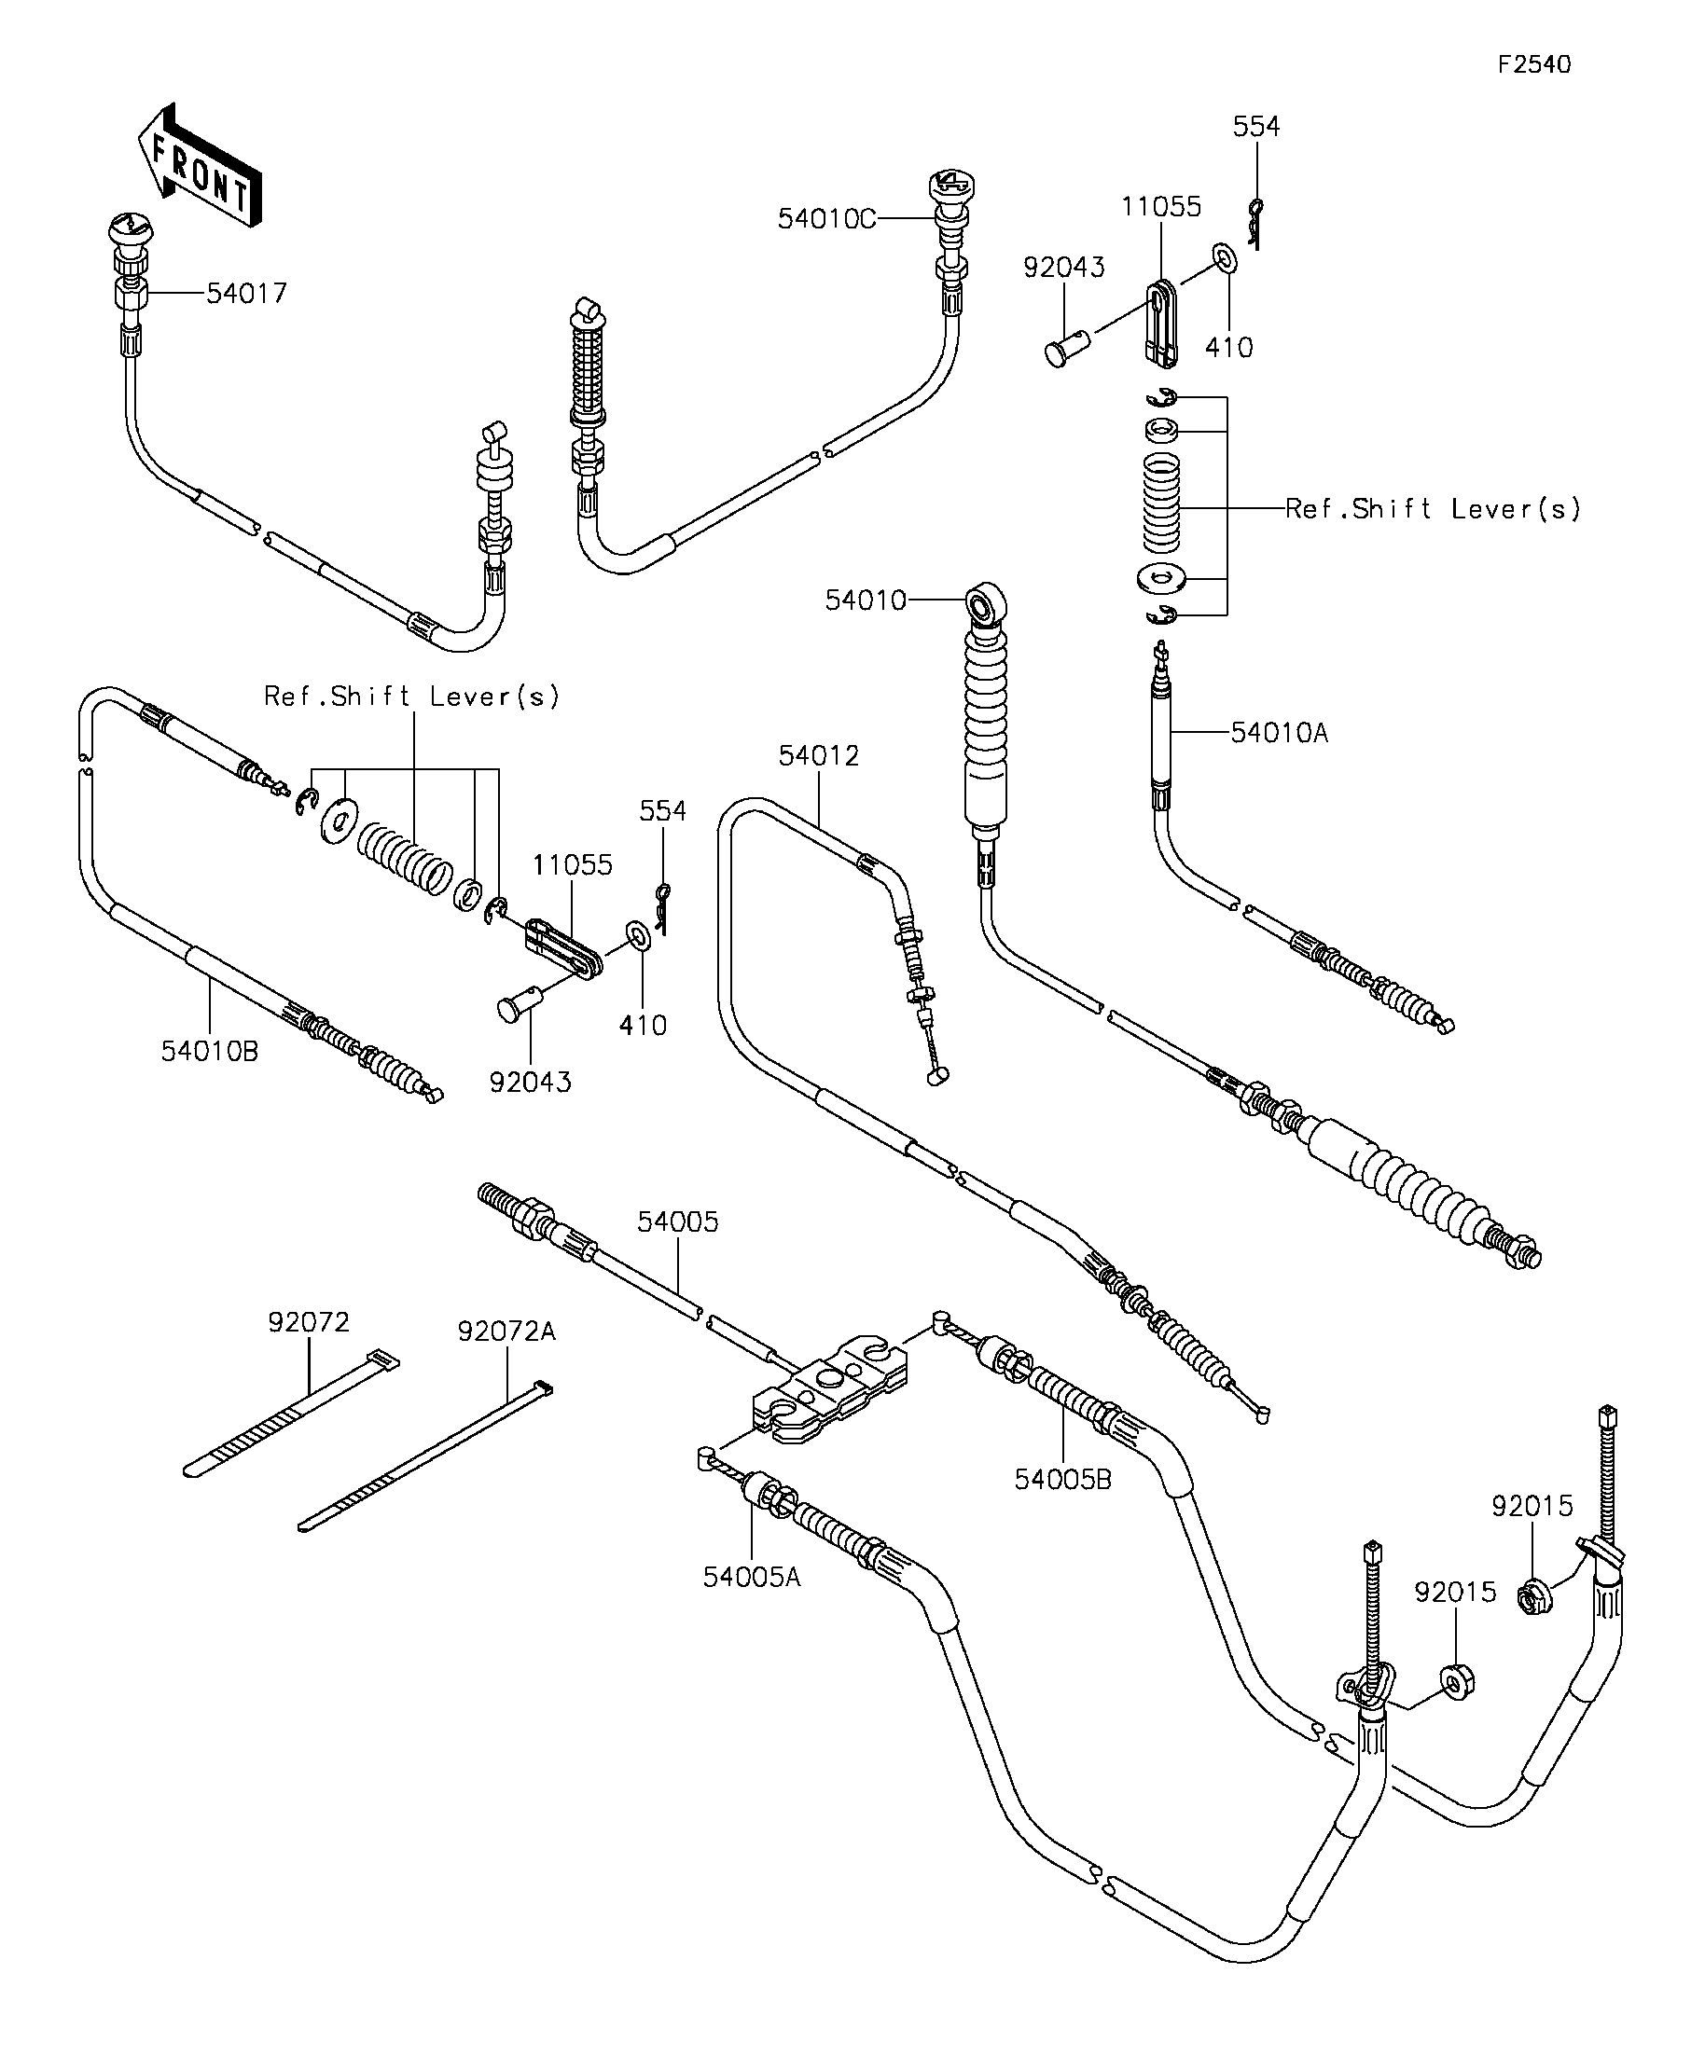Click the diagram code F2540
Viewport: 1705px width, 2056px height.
(1533, 64)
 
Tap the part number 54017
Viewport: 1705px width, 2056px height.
(247, 293)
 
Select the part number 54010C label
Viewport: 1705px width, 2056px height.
(826, 219)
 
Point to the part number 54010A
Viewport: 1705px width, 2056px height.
(1279, 732)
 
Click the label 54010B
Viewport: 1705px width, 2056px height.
(210, 1051)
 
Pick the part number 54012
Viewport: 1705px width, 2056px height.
(819, 755)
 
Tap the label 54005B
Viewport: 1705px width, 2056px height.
(1062, 1479)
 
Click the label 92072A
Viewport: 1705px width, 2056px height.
(506, 1332)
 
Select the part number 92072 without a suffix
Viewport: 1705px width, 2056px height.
(309, 1322)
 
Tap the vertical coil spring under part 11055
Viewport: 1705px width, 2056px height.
(1161, 504)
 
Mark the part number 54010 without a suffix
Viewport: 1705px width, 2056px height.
(866, 600)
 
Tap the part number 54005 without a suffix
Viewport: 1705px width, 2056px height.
(678, 1221)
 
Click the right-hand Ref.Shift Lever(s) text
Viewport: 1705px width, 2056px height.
(1434, 508)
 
